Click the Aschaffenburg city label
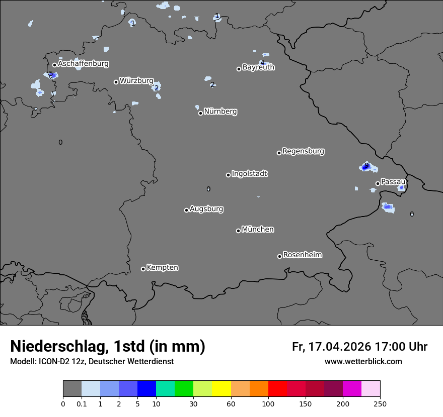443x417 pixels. (83, 64)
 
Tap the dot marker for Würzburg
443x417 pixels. (116, 82)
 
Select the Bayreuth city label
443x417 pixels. (258, 67)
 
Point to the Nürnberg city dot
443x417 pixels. (200, 113)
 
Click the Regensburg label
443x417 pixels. (303, 151)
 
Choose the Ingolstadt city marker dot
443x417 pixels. (228, 175)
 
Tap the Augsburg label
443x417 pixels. (206, 208)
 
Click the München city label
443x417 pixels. (258, 229)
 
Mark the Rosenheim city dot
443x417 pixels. (279, 257)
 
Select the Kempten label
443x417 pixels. (162, 267)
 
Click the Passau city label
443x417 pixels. (393, 181)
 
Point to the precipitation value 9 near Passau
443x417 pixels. (366, 166)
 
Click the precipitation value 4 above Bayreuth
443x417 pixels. (262, 63)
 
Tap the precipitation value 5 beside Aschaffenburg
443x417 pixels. (50, 74)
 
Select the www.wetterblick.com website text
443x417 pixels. (363, 361)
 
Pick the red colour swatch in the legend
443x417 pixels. (277, 389)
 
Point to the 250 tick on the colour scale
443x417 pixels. (380, 403)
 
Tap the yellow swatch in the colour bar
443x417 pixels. (221, 389)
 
